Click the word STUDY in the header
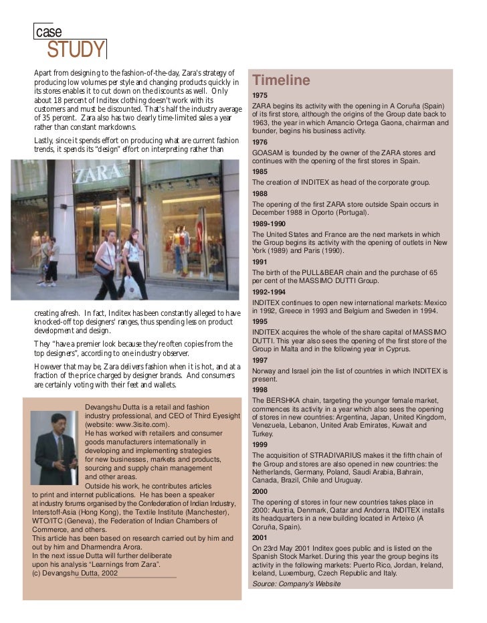pos(76,50)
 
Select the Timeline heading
pos(281,81)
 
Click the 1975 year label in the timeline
pos(260,96)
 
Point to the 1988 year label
pos(260,193)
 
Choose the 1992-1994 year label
pos(268,292)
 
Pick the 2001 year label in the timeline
pos(260,537)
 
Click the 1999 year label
pos(260,444)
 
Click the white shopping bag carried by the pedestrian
pos(132,288)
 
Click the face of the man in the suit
pos(58,425)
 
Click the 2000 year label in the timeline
pos(260,491)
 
